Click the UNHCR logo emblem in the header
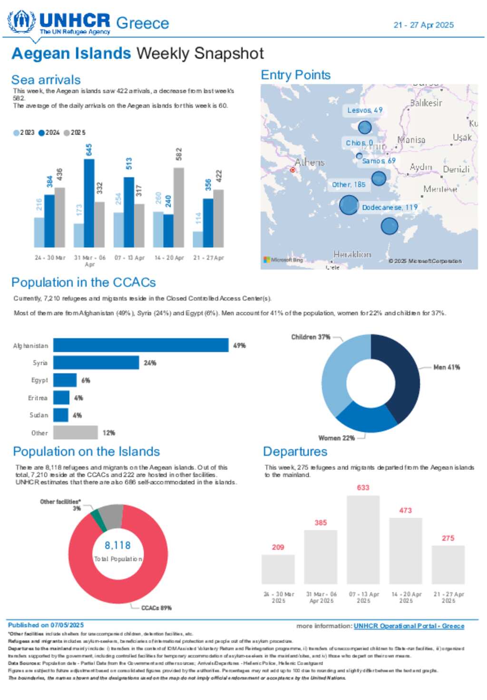pos(21,21)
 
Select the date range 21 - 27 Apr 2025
pos(423,25)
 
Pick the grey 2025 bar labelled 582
pos(178,207)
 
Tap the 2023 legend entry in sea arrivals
pos(24,133)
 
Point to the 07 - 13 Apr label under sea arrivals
pos(129,258)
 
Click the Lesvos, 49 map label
pos(364,110)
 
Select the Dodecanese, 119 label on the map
pos(390,207)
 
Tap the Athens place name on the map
pos(309,162)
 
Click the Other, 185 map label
pos(349,185)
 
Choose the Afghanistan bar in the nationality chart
pos(141,345)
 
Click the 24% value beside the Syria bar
pos(150,363)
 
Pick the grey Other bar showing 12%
pos(75,433)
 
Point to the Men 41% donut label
pos(446,367)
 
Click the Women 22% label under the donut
pos(336,438)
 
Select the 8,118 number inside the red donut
pos(117,545)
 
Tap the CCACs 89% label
pos(156,608)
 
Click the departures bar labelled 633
pos(363,539)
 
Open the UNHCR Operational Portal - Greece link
pos(409,626)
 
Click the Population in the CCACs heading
pos(84,282)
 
